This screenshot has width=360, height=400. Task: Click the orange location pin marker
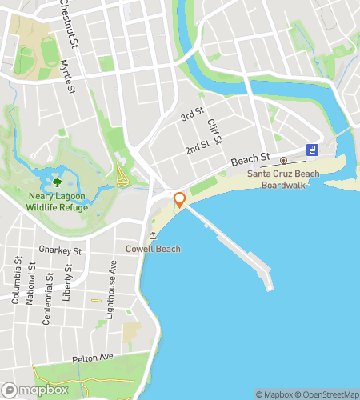coord(179,200)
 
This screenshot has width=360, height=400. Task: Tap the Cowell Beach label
coord(153,249)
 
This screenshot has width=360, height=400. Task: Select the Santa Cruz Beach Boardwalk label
coord(283,179)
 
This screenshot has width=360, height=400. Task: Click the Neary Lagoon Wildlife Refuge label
coord(57,202)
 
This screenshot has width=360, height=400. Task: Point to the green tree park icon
coord(57,182)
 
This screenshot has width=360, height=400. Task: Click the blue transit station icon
coord(311,149)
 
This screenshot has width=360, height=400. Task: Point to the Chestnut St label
coord(66,11)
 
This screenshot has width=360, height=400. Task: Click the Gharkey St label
coord(66,250)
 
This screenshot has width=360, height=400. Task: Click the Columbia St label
coord(16,280)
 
